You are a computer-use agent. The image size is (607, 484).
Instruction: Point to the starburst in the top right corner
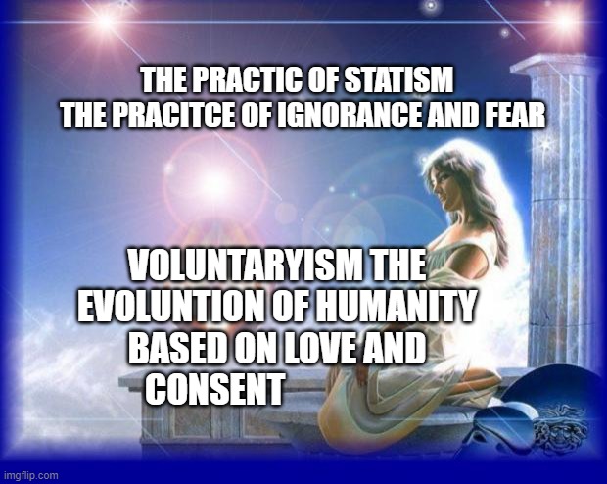566,18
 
